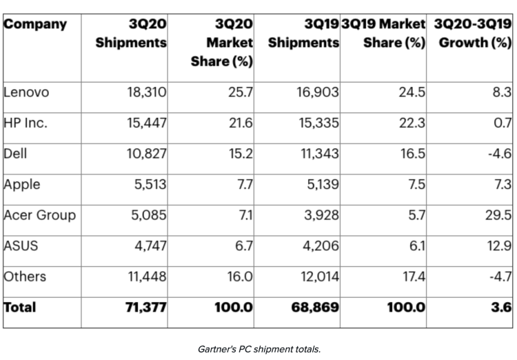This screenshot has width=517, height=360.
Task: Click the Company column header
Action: click(36, 25)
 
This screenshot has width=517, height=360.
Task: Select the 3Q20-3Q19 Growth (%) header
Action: click(471, 33)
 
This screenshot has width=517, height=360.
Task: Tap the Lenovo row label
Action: click(26, 91)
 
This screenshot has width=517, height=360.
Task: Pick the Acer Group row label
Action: click(40, 214)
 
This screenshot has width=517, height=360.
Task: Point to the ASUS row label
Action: click(21, 246)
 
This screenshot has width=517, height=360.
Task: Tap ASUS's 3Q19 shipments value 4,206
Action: click(317, 246)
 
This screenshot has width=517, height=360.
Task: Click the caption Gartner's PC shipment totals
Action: click(258, 349)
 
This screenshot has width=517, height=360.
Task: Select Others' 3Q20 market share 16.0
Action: click(239, 277)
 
